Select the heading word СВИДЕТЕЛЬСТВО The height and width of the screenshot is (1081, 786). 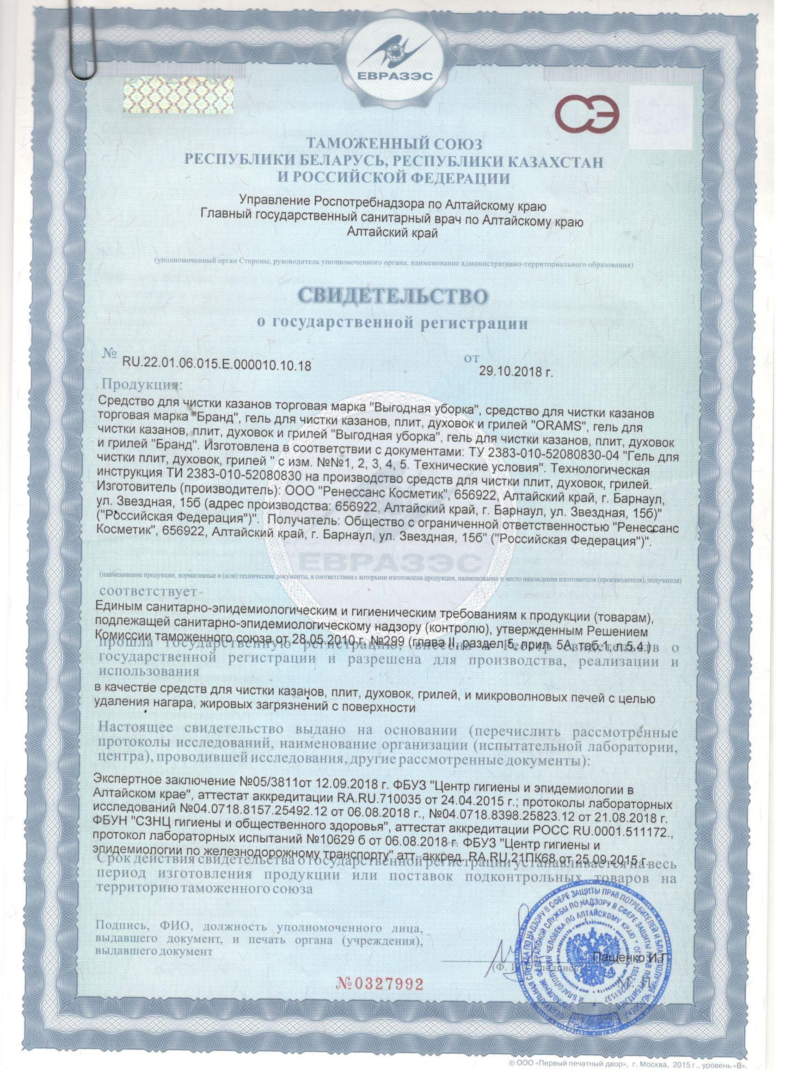[393, 295]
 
